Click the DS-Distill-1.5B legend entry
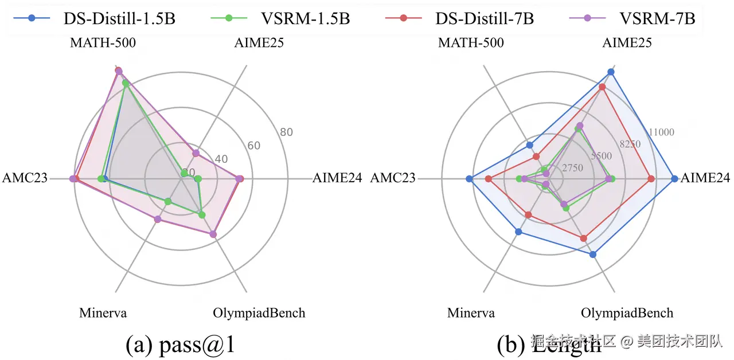[x=95, y=18]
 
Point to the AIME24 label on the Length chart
[x=705, y=178]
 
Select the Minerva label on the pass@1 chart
[x=103, y=313]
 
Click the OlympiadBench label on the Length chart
[x=627, y=313]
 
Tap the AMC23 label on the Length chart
[x=393, y=178]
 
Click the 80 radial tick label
[x=287, y=132]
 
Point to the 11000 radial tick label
[x=661, y=132]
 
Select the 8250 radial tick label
[x=630, y=144]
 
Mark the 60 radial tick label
[x=254, y=146]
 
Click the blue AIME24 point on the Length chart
[x=674, y=179]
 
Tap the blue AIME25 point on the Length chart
[x=611, y=72]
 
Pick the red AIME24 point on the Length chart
[x=651, y=179]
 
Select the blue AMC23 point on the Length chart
[x=469, y=179]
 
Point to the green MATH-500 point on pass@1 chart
[x=125, y=84]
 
